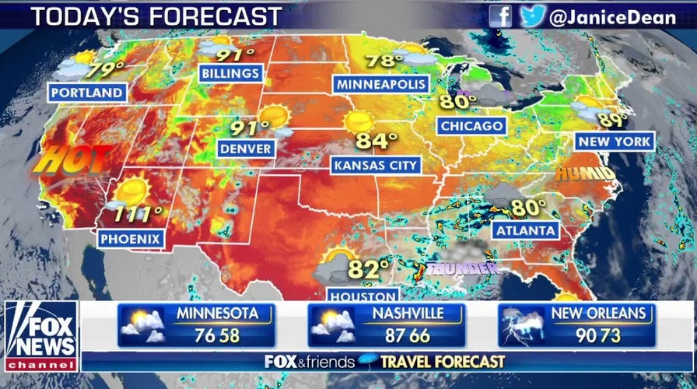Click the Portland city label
[87, 93]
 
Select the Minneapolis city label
[380, 84]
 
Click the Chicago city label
[471, 125]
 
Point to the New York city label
[615, 141]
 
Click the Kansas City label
[376, 165]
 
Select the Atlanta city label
[527, 230]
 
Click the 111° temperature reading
[140, 212]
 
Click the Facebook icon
[501, 16]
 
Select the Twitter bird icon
[532, 16]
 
